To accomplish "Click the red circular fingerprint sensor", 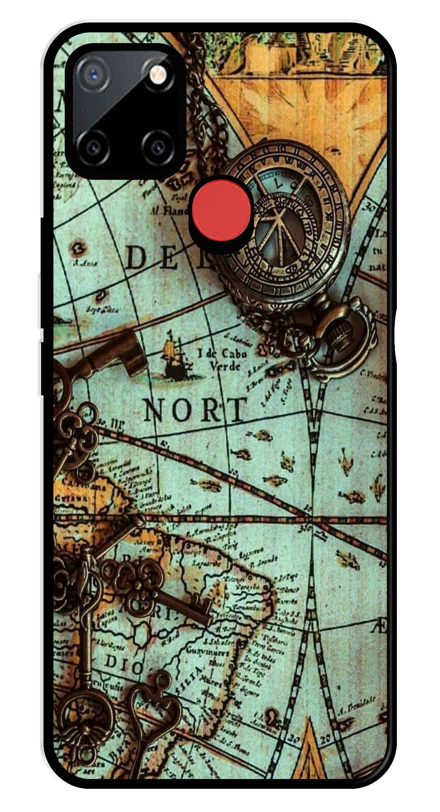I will pyautogui.click(x=221, y=214).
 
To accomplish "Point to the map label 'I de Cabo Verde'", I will pyautogui.click(x=222, y=359).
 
